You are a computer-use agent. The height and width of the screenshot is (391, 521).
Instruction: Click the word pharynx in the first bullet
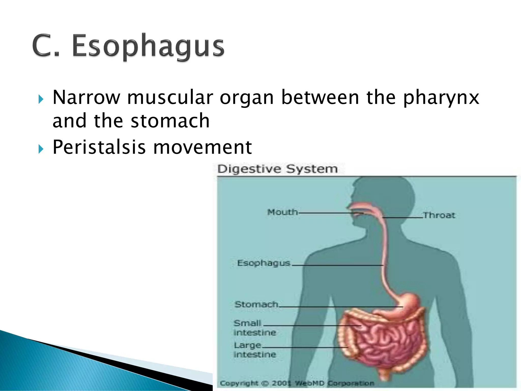click(441, 98)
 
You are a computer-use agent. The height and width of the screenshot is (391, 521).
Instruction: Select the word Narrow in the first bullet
click(86, 98)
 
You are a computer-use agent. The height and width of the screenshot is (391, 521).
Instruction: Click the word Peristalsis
click(99, 147)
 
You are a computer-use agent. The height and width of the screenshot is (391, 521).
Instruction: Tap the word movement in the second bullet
click(202, 147)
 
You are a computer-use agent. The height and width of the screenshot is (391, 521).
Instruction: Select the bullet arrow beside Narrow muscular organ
click(41, 99)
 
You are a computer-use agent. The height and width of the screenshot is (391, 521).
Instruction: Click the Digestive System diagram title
click(278, 169)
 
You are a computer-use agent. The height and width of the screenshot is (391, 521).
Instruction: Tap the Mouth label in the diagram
click(282, 212)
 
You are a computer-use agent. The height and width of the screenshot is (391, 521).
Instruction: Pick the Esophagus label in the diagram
click(264, 263)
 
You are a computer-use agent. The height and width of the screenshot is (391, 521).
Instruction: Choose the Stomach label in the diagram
click(256, 304)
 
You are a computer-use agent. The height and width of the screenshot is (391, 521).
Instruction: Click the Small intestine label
click(254, 328)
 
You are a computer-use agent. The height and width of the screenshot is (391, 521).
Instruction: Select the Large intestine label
click(254, 350)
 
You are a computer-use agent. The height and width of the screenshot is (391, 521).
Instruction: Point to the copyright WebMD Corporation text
click(297, 383)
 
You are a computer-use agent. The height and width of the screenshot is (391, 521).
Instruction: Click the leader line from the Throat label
click(402, 218)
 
